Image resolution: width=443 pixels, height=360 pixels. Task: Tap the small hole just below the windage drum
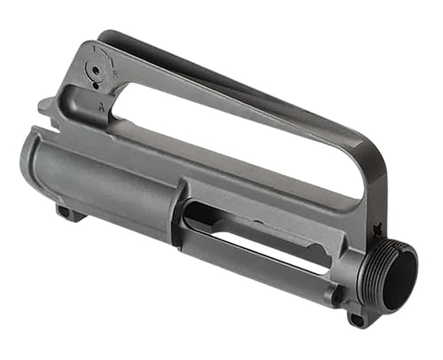coord(96,88)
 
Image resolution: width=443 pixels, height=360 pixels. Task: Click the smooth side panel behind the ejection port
coord(106,182)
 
